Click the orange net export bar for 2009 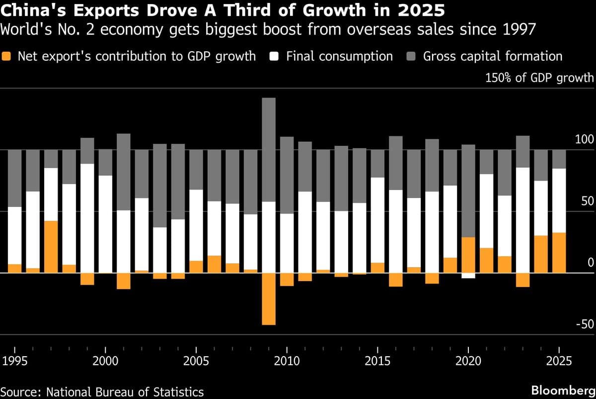(x=269, y=299)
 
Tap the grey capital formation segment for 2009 (x=269, y=149)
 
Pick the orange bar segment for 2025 (x=559, y=253)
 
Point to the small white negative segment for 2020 (x=468, y=276)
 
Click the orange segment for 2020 (x=468, y=255)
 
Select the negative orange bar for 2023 (x=523, y=280)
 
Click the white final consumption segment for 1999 (x=87, y=218)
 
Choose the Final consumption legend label (x=339, y=56)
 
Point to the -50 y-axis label (x=584, y=324)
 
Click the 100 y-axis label (x=585, y=139)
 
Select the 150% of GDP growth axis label (x=538, y=78)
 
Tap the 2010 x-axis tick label (x=287, y=361)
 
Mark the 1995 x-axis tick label (x=14, y=361)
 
